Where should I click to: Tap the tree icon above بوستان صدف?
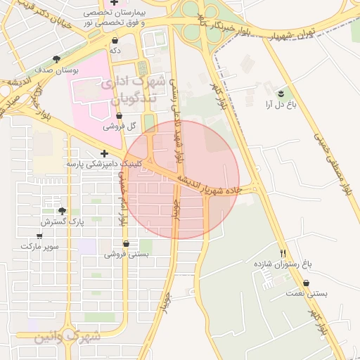56,59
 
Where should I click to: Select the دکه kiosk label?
115,51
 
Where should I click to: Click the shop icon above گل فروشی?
119,115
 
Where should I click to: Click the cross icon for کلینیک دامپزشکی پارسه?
105,153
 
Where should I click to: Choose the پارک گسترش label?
62,222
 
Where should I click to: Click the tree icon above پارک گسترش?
62,211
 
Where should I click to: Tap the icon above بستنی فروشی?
126,243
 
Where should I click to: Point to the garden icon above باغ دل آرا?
281,93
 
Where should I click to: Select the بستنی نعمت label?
309,292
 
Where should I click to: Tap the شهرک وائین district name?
67,337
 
